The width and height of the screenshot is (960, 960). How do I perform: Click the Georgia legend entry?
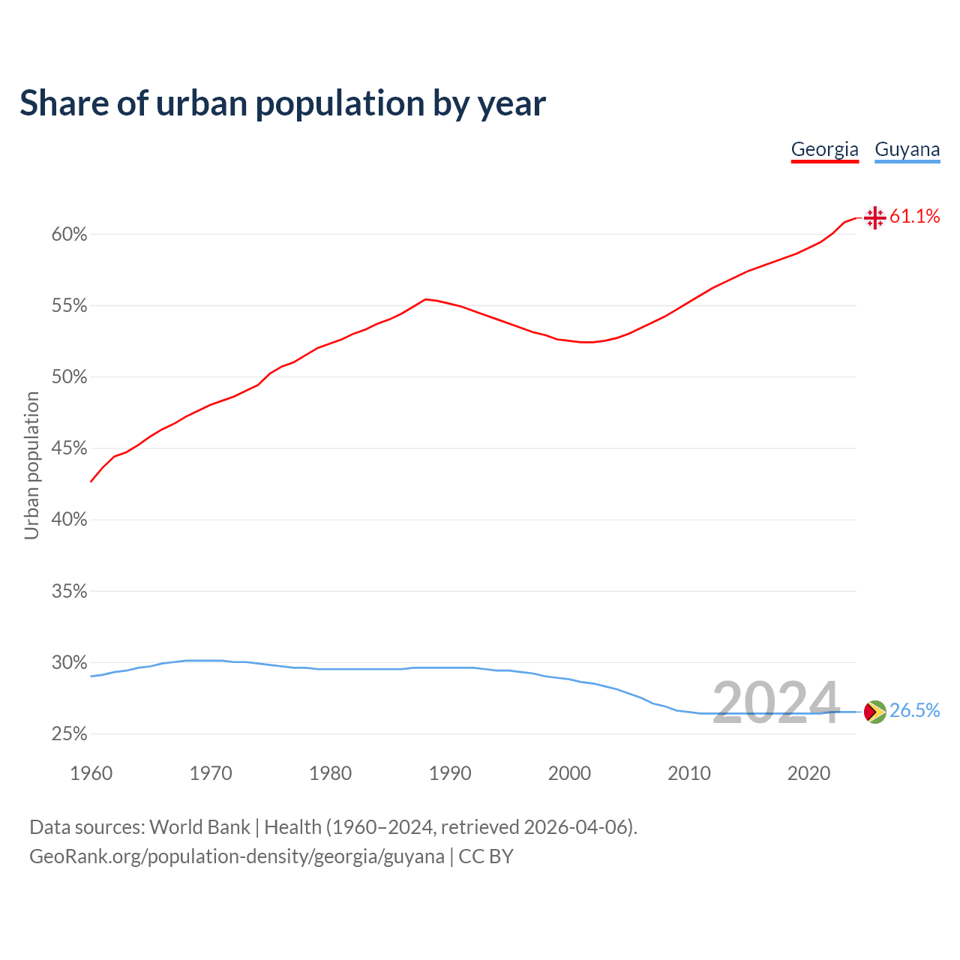pos(824,149)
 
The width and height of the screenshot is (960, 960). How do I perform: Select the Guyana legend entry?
pos(907,149)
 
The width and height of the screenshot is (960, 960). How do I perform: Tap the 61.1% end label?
pos(914,217)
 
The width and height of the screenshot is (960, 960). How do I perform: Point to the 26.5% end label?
pos(914,711)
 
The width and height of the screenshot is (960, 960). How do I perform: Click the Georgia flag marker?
pos(874,217)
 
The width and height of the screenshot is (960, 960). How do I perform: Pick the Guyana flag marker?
pos(874,712)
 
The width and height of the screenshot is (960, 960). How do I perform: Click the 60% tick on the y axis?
pos(70,235)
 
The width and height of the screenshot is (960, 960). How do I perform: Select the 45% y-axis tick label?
pos(70,448)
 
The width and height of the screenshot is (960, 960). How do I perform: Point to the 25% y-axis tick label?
pos(70,734)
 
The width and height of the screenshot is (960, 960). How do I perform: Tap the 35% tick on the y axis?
pos(70,592)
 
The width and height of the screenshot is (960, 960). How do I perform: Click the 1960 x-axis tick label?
pos(91,773)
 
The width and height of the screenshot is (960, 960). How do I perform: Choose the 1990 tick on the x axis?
pos(450,773)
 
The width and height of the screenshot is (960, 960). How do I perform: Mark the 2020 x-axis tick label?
pos(808,773)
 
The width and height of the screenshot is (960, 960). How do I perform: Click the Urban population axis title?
pos(31,465)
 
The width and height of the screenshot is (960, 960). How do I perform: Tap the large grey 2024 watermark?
pos(775,703)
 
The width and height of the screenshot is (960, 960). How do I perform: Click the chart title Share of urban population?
pos(283,103)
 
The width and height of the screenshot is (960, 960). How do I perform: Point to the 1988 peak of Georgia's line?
pos(425,299)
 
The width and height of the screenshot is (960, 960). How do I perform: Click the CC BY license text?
pos(486,856)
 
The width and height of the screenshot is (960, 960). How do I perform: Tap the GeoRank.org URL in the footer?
pos(236,856)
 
